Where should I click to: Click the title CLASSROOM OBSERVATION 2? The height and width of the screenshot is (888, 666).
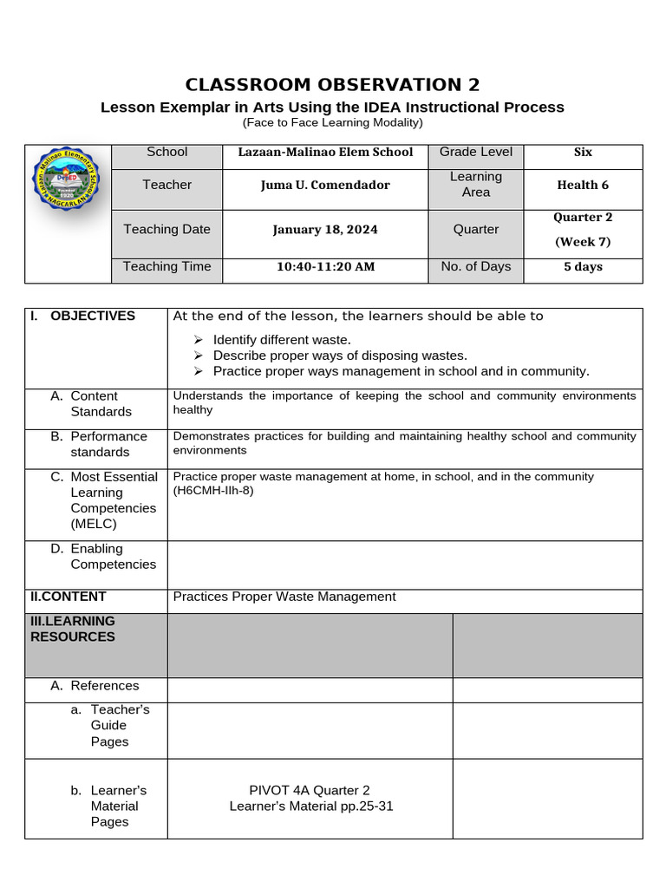coord(332,84)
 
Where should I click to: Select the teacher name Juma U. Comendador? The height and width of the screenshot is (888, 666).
coord(325,185)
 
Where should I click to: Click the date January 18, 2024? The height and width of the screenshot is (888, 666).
coord(325,230)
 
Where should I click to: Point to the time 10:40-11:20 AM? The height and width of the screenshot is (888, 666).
coord(325,267)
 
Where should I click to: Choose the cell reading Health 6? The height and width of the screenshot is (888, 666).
coord(583,185)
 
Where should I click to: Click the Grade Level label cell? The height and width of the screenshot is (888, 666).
coord(475,152)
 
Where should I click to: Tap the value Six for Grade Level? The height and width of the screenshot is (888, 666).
coord(583,152)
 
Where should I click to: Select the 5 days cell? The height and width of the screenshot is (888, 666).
coord(583,267)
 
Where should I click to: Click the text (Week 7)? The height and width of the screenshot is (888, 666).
coord(583,242)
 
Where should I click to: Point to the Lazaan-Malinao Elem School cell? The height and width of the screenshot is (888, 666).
coord(325,152)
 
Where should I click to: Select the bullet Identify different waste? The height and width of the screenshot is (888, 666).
coord(282,340)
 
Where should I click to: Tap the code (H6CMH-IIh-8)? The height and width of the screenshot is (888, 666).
coord(213,491)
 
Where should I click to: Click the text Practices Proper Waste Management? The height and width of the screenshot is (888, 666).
coord(284,597)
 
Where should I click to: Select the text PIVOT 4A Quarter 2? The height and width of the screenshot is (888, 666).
coord(310,790)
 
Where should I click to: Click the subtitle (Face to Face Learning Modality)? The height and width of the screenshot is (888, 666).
coord(332,123)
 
